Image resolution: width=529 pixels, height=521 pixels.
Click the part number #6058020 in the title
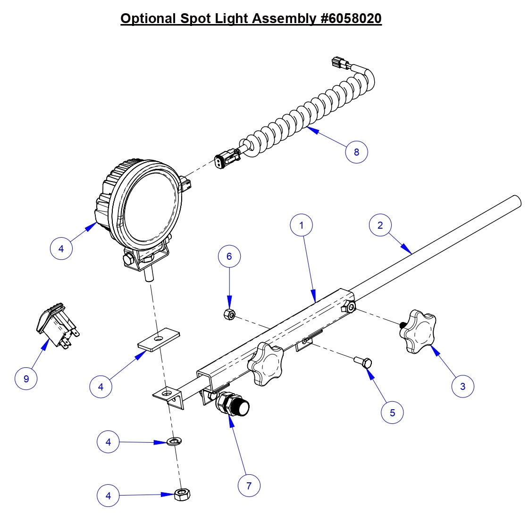click(349, 18)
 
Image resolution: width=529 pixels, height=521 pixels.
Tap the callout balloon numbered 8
click(356, 152)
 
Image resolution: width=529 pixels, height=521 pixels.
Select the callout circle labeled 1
click(302, 225)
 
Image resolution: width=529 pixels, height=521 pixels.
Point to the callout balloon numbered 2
click(380, 225)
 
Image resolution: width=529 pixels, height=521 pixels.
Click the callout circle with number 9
click(26, 379)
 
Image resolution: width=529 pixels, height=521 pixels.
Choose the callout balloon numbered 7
click(249, 485)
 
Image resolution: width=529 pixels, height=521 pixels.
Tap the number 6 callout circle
click(229, 256)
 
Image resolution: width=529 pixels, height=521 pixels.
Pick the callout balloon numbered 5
click(393, 413)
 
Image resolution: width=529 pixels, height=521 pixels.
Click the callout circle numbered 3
click(462, 386)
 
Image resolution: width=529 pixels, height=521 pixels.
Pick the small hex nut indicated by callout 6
click(229, 314)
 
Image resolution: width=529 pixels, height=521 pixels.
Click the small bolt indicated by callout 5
click(363, 362)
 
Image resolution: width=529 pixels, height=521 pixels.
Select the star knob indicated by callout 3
click(418, 331)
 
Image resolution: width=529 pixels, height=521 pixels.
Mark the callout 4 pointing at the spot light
click(61, 248)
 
